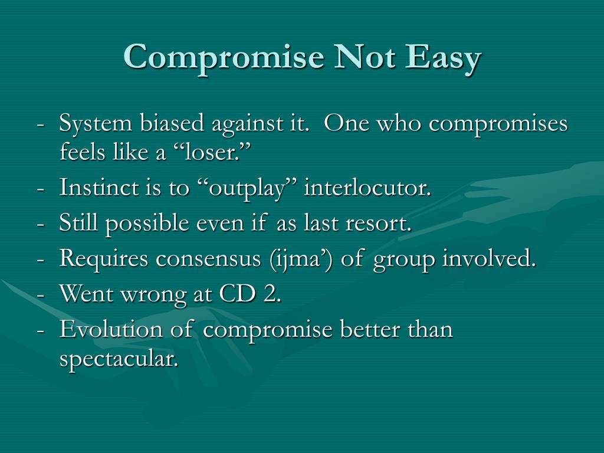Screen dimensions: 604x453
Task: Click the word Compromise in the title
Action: click(x=224, y=57)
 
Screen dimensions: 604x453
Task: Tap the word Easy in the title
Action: click(x=442, y=57)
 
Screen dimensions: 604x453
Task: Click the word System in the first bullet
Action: click(x=95, y=124)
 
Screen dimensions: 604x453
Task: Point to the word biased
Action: click(x=172, y=123)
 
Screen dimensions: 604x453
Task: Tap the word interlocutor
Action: click(x=367, y=187)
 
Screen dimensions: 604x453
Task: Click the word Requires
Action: click(x=104, y=258)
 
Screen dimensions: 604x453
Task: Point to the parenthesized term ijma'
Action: click(x=301, y=259)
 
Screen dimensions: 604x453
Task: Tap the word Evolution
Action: click(x=111, y=329)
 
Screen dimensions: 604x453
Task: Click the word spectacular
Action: click(x=119, y=359)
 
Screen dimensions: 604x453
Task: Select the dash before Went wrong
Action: click(x=41, y=297)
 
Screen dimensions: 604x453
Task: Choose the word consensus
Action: click(x=208, y=258)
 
